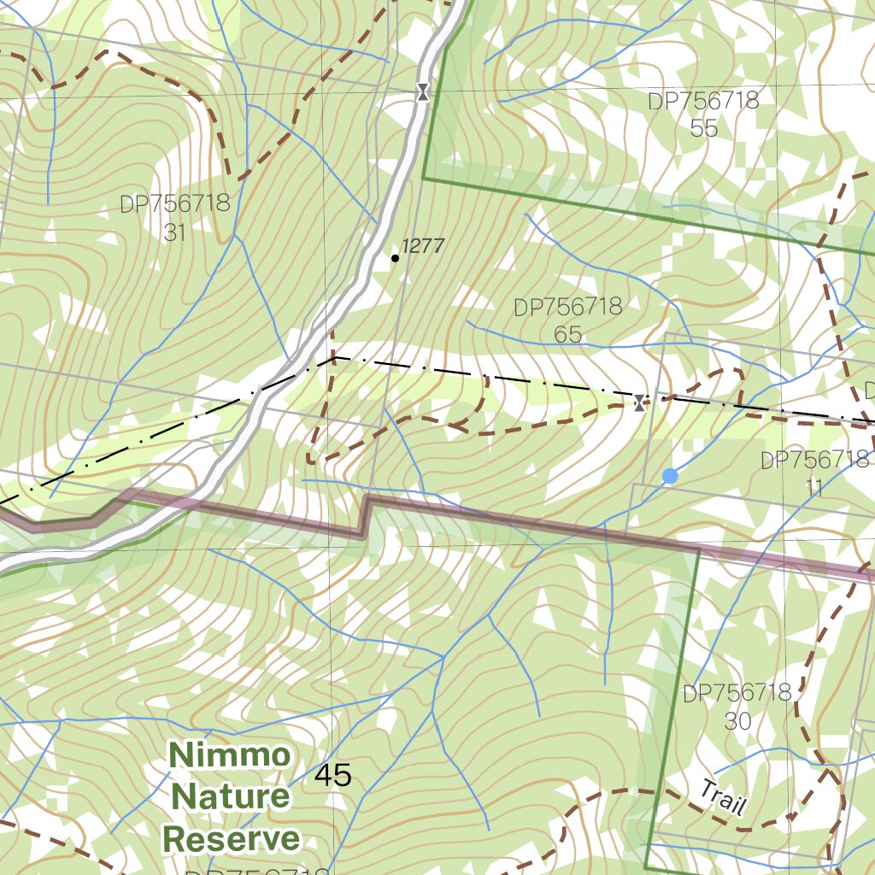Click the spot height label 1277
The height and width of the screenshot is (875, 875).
423,246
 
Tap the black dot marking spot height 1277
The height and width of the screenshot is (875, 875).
395,257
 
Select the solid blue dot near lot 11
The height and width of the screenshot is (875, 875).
670,476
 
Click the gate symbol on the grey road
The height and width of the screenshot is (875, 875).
422,92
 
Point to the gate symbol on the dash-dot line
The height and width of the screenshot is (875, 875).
640,402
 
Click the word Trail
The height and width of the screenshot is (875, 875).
723,797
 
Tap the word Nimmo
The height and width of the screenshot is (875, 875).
229,755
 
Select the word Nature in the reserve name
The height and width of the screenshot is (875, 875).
231,797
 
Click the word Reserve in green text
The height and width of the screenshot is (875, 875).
231,839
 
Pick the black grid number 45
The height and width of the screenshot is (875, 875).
332,776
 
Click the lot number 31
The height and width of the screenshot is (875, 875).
174,232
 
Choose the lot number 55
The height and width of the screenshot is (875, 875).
703,129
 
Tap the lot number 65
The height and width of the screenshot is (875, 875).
567,334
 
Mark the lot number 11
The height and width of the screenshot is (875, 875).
813,488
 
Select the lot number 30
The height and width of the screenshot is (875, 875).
737,720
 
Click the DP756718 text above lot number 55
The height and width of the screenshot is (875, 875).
703,101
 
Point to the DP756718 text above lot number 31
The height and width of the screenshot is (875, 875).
174,204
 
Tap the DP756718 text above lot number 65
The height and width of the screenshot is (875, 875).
567,307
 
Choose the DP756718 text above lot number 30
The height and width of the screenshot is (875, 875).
737,693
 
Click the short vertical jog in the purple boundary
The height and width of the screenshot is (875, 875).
364,515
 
